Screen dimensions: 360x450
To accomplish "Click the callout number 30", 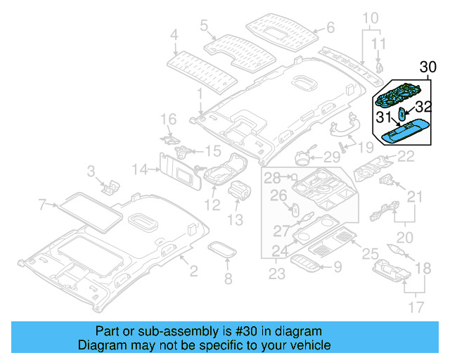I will coord(428,67).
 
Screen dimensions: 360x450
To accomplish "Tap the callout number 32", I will coord(422,107).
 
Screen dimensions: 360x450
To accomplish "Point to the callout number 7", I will coord(42,205).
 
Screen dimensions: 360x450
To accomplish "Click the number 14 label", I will coord(141,169).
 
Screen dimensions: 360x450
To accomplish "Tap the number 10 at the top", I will coord(370,17).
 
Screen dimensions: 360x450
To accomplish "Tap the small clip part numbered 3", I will coord(110,186).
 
